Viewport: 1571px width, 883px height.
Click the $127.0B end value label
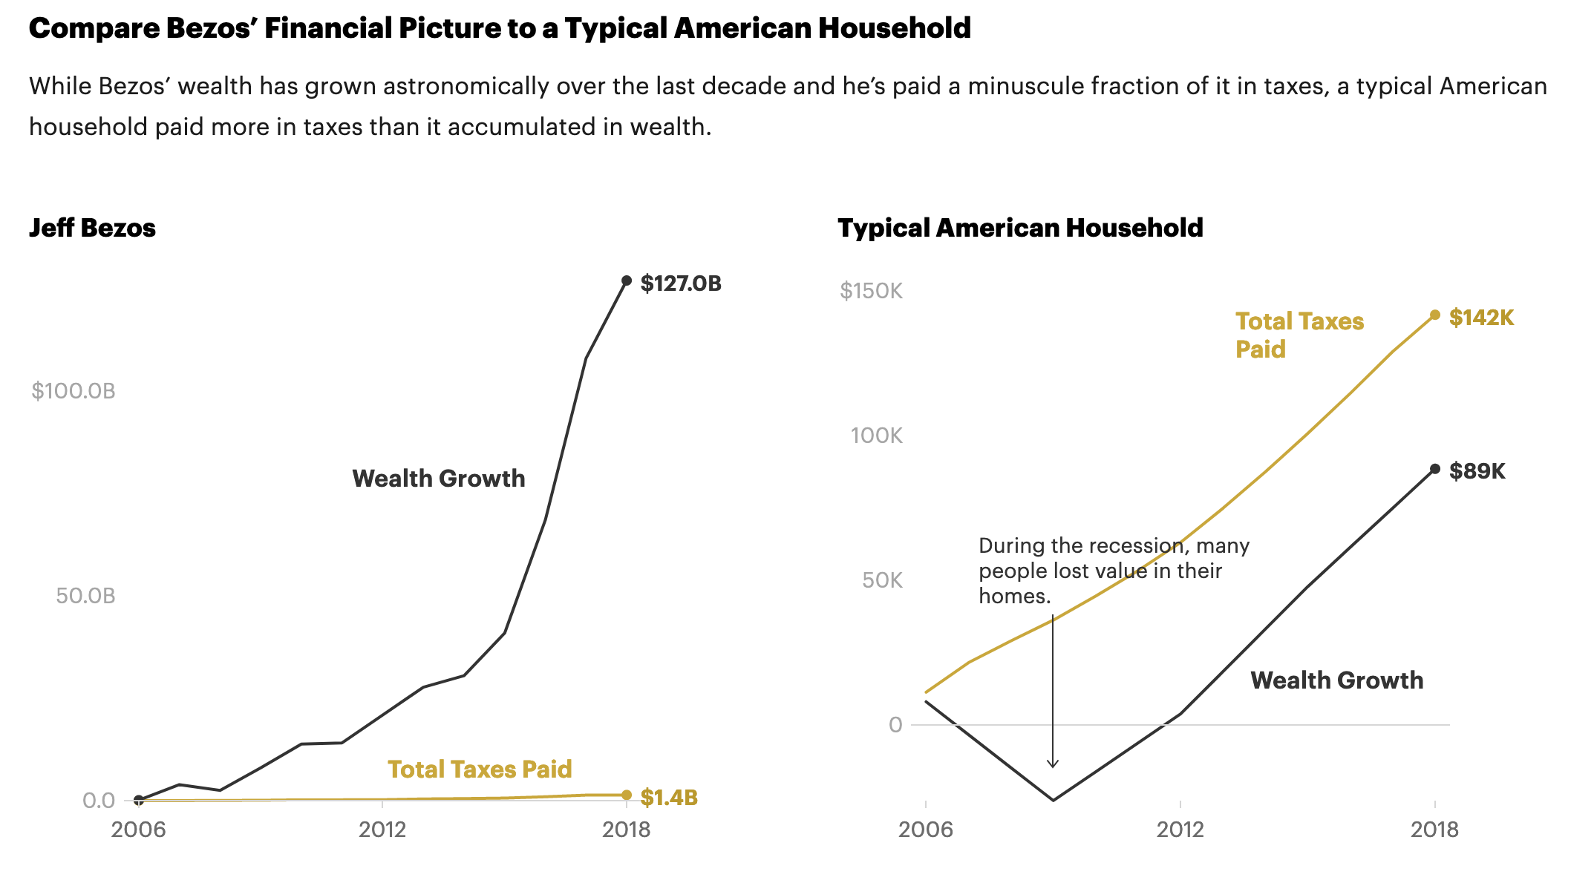click(x=681, y=283)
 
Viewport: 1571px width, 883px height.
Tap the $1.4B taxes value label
click(x=669, y=798)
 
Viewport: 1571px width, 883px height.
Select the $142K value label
click(x=1481, y=318)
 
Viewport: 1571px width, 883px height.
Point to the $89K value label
click(x=1477, y=471)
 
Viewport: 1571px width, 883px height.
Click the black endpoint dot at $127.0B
click(x=627, y=280)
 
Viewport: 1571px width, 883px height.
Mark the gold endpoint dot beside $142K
click(x=1435, y=315)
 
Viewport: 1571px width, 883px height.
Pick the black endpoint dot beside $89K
click(x=1435, y=469)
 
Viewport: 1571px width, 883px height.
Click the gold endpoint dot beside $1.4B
click(x=627, y=795)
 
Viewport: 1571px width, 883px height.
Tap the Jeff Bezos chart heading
click(x=92, y=228)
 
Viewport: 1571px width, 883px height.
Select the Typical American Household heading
click(x=1020, y=228)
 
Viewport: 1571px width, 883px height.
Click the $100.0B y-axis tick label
click(x=74, y=391)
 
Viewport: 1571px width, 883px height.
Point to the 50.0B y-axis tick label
click(x=85, y=596)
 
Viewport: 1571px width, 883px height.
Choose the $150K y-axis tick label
click(x=871, y=291)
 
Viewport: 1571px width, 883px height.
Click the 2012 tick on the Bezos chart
click(x=382, y=830)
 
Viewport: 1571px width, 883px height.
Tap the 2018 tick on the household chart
click(x=1434, y=830)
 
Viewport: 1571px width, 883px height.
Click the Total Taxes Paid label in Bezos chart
click(x=480, y=769)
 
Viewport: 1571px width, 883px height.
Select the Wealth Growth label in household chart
click(x=1336, y=680)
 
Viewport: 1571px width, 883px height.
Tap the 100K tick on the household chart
click(x=876, y=436)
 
